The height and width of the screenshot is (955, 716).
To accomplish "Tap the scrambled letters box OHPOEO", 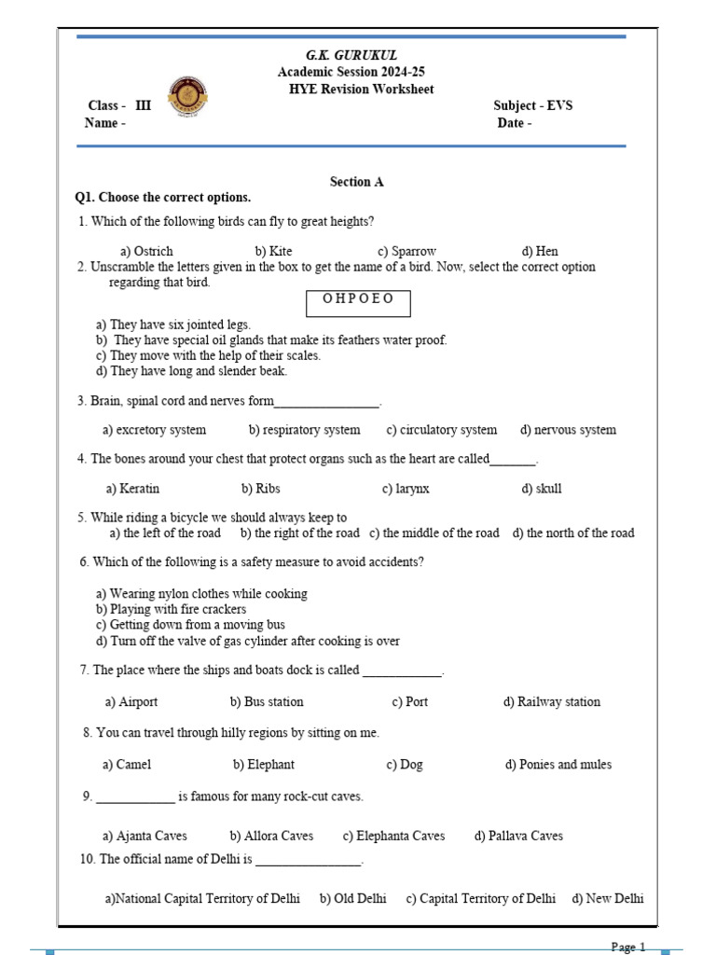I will pyautogui.click(x=358, y=301).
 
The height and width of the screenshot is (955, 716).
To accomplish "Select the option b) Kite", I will pyautogui.click(x=273, y=252).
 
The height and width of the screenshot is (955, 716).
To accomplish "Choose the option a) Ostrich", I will pyautogui.click(x=146, y=252).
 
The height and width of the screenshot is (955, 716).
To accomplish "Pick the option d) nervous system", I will pyautogui.click(x=568, y=430).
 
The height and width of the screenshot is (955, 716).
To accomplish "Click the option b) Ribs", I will pyautogui.click(x=260, y=489).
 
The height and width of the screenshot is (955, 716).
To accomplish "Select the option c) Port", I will pyautogui.click(x=409, y=702).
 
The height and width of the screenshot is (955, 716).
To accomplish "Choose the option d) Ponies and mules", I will pyautogui.click(x=558, y=765).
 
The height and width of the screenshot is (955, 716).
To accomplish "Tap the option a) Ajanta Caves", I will pyautogui.click(x=145, y=837).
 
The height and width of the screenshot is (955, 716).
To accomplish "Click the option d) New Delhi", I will pyautogui.click(x=607, y=899).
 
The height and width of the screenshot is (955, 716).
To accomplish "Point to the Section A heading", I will pyautogui.click(x=356, y=182).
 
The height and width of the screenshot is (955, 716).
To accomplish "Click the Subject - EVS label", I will pyautogui.click(x=532, y=105).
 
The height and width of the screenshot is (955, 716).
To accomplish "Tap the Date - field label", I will pyautogui.click(x=515, y=123).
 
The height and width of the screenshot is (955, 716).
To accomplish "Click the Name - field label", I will pyautogui.click(x=105, y=123).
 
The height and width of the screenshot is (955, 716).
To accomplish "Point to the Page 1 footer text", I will pyautogui.click(x=628, y=948).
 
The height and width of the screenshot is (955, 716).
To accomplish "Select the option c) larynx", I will pyautogui.click(x=406, y=489).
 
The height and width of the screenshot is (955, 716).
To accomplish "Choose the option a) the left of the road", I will pyautogui.click(x=165, y=533).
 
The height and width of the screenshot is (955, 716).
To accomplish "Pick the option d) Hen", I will pyautogui.click(x=540, y=252).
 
